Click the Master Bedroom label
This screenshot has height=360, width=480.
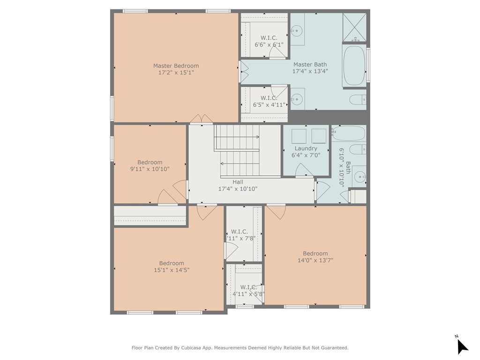pyautogui.click(x=176, y=66)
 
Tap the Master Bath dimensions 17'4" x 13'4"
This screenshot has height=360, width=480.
pyautogui.click(x=310, y=71)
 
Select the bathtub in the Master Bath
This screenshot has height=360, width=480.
pyautogui.click(x=354, y=66)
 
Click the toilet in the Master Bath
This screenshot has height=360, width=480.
pyautogui.click(x=358, y=99)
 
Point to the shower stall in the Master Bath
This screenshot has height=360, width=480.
pyautogui.click(x=354, y=27)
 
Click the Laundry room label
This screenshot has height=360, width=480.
pyautogui.click(x=306, y=149)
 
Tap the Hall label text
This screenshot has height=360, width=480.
pyautogui.click(x=238, y=182)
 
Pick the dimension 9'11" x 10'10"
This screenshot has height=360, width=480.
pyautogui.click(x=150, y=169)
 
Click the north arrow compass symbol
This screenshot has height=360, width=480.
pyautogui.click(x=462, y=346)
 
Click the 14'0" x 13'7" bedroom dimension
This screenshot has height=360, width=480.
pyautogui.click(x=315, y=260)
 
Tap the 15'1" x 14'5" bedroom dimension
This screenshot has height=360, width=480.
pyautogui.click(x=172, y=270)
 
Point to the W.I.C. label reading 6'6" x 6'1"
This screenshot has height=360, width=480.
pyautogui.click(x=269, y=41)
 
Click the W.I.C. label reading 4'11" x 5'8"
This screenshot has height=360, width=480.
pyautogui.click(x=248, y=291)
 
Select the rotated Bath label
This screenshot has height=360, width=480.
pyautogui.click(x=348, y=167)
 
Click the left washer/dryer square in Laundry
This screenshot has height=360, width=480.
pyautogui.click(x=299, y=136)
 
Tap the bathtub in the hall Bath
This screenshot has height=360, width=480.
pyautogui.click(x=349, y=134)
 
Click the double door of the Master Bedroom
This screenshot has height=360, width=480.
pyautogui.click(x=202, y=119)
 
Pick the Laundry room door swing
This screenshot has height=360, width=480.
pyautogui.click(x=304, y=170)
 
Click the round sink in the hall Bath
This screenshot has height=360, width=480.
pyautogui.click(x=360, y=177)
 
